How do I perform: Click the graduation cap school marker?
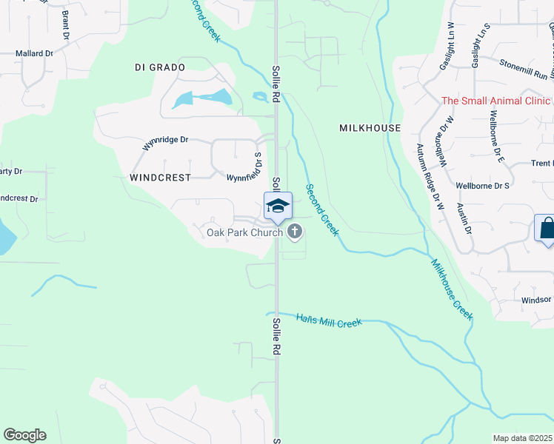[278, 206]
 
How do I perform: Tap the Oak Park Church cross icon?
[295, 232]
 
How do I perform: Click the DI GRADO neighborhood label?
[159, 67]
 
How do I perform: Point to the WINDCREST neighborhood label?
[160, 178]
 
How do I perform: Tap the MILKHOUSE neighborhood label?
[370, 128]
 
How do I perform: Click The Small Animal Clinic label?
[497, 101]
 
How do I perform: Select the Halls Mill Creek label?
[328, 320]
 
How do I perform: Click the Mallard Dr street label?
[35, 53]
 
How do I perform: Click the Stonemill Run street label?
[527, 70]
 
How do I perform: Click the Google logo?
[24, 435]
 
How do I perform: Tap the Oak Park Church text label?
[244, 232]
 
